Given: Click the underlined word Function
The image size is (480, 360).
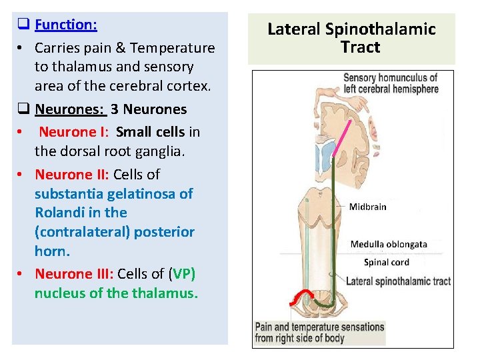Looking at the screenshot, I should [x=66, y=25].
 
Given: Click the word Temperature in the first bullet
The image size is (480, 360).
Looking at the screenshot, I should [x=173, y=48].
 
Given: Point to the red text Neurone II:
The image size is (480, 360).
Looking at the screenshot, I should [x=72, y=175].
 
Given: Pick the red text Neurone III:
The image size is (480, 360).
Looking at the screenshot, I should [x=74, y=274].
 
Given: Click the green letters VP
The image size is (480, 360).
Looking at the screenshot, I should [x=181, y=274].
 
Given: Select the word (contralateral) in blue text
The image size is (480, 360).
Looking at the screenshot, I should [x=83, y=232].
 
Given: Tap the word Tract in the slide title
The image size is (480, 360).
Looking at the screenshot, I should [x=360, y=47].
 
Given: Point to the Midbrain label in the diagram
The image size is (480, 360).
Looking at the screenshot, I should [x=367, y=207].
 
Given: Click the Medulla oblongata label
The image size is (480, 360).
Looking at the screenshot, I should [x=389, y=244].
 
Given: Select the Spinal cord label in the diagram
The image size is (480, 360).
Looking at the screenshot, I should [x=387, y=262].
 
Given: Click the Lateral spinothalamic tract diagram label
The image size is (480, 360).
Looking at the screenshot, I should [x=398, y=281].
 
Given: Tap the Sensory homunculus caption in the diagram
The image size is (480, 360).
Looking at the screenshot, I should [x=391, y=83].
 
